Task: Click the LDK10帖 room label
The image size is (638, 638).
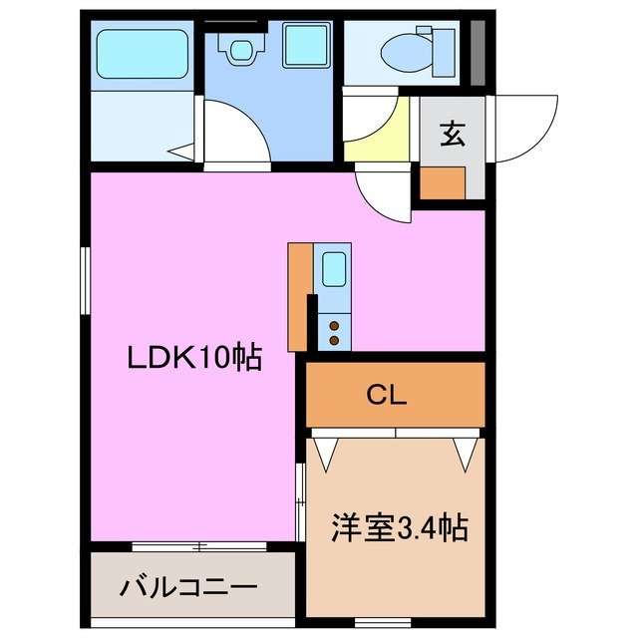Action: [193, 356]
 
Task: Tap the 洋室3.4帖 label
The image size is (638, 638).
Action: [400, 527]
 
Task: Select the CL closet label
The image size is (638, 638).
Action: [387, 396]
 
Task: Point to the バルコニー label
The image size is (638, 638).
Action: [188, 585]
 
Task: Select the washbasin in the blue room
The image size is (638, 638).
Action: [238, 47]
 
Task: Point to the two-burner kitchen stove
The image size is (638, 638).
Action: [333, 329]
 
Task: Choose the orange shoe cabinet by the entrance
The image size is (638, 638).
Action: [442, 182]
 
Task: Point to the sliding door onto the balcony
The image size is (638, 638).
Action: [199, 546]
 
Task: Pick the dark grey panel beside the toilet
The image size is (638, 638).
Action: [478, 52]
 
